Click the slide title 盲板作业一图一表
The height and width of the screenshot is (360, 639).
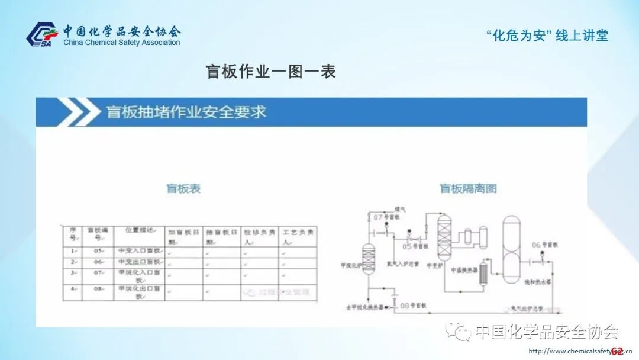click(x=270, y=72)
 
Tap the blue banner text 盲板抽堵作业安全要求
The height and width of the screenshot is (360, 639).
click(x=186, y=112)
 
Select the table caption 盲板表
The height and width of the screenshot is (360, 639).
click(x=183, y=189)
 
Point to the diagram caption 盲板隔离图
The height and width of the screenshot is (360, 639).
click(x=467, y=189)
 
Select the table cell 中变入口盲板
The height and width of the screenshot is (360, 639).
click(x=138, y=251)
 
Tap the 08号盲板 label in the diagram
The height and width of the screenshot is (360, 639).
click(x=414, y=306)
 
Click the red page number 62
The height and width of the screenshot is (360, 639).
click(x=617, y=351)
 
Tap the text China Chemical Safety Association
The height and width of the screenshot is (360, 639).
click(x=121, y=43)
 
